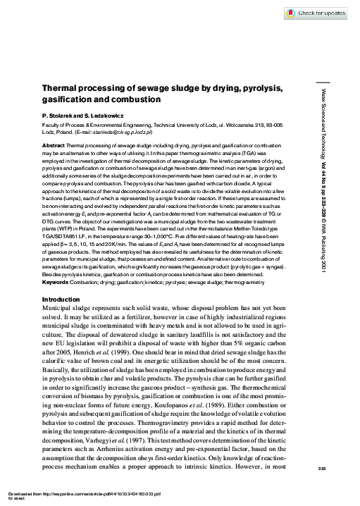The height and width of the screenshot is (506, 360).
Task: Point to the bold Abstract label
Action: tap(53, 143)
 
